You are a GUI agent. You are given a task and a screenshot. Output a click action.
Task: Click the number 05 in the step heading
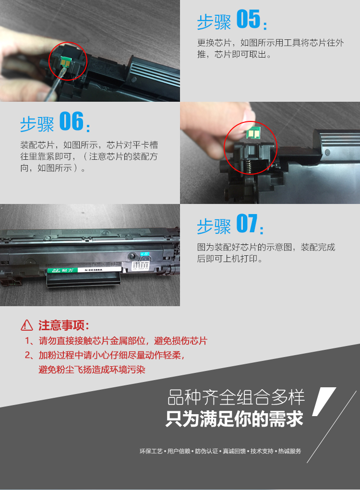tap(248, 19)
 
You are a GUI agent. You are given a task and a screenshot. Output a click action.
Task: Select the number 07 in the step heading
tap(247, 223)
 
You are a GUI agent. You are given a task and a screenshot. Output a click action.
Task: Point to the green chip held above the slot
tap(253, 134)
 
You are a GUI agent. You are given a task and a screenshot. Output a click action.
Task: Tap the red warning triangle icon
tap(27, 325)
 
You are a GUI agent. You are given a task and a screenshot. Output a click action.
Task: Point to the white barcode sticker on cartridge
tap(141, 266)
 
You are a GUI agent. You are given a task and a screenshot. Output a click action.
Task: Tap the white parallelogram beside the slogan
tap(324, 401)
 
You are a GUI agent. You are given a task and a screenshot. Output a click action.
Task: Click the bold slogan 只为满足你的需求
tap(234, 419)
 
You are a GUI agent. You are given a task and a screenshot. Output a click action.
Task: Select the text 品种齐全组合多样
tap(236, 397)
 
